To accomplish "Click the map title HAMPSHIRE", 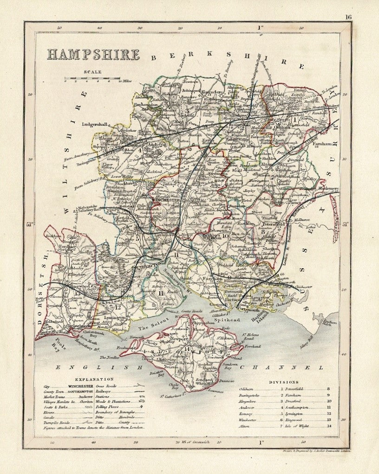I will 93,54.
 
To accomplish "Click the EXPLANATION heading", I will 94,379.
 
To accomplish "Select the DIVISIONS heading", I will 284,383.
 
